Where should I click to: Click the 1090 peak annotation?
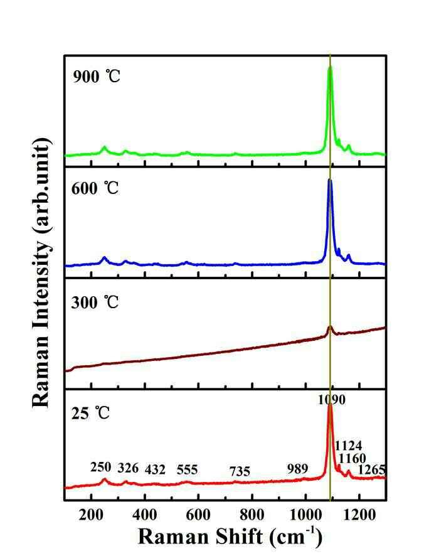point(331,400)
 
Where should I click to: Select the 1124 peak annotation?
point(349,445)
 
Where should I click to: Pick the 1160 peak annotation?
point(352,458)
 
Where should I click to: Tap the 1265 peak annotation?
point(371,470)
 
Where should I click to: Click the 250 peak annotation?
point(101,467)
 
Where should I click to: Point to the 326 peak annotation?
point(128,468)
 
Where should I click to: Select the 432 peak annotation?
point(156,469)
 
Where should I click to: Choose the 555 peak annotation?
point(187,469)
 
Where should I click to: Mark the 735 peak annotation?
point(240,471)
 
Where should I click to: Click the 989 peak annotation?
point(298,468)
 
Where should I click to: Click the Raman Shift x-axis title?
point(230,536)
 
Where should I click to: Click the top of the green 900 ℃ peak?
point(330,67)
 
